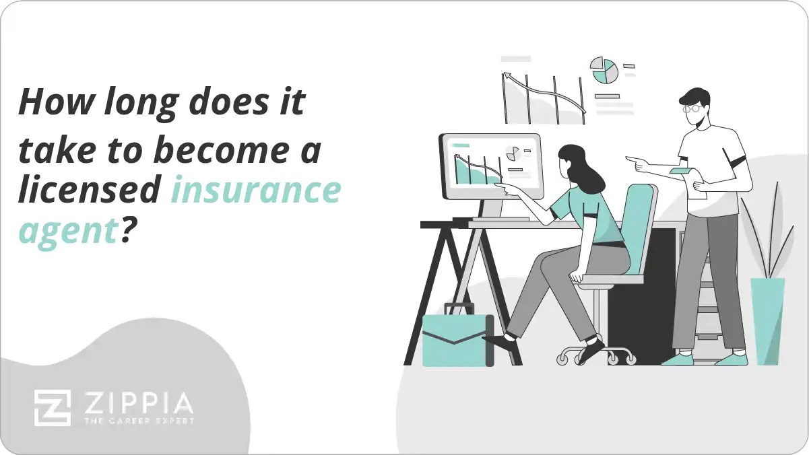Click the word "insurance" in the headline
pyautogui.click(x=255, y=191)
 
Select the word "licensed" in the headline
pyautogui.click(x=88, y=191)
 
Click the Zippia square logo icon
pyautogui.click(x=53, y=407)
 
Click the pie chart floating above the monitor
pyautogui.click(x=604, y=70)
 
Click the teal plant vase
pyautogui.click(x=767, y=320)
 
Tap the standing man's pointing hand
pyautogui.click(x=637, y=162)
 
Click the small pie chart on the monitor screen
pyautogui.click(x=514, y=153)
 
